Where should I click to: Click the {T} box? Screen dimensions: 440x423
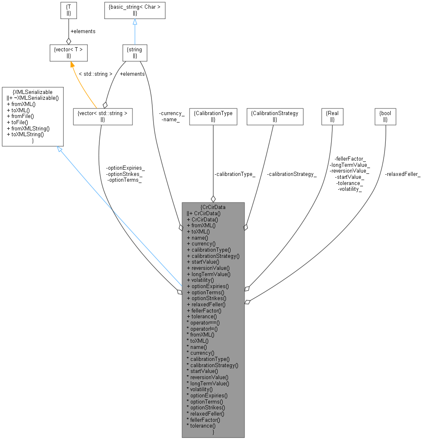(68, 11)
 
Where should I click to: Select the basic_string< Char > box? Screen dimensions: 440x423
(135, 11)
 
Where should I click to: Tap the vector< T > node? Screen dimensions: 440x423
(68, 53)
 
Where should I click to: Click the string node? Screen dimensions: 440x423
(135, 53)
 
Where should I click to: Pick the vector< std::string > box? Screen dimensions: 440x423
(102, 116)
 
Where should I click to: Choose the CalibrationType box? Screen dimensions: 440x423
(213, 116)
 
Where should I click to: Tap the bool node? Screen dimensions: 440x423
(385, 116)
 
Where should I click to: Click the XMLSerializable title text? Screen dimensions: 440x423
(33, 92)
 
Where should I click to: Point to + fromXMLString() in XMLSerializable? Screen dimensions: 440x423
(28, 128)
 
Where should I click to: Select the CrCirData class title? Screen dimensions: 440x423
(213, 207)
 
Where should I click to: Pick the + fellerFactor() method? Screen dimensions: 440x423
(204, 310)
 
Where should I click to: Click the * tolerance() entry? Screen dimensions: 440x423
(201, 425)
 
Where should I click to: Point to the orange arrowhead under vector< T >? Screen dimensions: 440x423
(72, 64)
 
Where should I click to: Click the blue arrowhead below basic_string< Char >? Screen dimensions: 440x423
(135, 22)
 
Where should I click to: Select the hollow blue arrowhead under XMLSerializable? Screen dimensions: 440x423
(60, 149)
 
